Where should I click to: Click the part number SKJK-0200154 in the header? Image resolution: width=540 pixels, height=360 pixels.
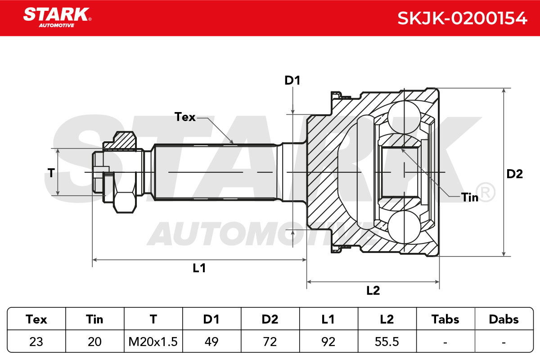[462, 18]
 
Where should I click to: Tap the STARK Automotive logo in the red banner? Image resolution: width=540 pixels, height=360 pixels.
[57, 18]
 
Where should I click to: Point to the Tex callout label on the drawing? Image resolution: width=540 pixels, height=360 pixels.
[185, 117]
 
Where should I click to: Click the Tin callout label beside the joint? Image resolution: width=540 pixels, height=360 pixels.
[470, 198]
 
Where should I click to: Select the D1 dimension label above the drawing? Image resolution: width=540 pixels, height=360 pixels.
[292, 80]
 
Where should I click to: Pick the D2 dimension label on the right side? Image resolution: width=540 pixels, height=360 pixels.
[514, 174]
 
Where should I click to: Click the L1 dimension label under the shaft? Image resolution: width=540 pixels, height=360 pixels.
[199, 268]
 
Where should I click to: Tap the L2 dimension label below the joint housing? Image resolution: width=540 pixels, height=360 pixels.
[373, 290]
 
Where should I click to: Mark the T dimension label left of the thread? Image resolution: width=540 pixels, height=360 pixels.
[51, 173]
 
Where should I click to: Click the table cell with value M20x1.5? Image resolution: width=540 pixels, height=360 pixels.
[153, 342]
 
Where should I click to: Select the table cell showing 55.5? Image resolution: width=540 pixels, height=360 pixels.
[387, 342]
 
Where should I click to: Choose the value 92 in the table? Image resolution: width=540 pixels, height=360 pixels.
[328, 342]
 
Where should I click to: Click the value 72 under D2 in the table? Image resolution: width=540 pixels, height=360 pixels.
[270, 342]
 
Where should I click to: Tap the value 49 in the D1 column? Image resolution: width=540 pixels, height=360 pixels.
[211, 342]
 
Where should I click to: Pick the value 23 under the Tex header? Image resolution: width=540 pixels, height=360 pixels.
[36, 342]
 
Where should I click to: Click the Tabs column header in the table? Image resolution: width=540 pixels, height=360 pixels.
[445, 319]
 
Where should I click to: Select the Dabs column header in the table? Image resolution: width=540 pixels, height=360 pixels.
[504, 319]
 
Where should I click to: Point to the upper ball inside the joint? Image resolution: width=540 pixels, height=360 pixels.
[404, 117]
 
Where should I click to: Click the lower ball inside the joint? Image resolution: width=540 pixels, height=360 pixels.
[404, 227]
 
